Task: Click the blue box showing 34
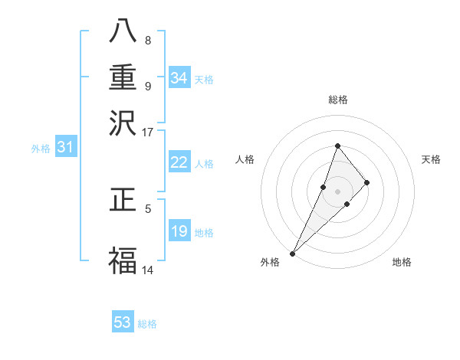tap(179, 78)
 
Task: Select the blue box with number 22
tap(179, 162)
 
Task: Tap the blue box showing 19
tap(179, 231)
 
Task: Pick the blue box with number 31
tap(65, 147)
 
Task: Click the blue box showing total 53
tap(123, 322)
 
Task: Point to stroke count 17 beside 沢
tap(148, 132)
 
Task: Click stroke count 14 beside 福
tap(148, 270)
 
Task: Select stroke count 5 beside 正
tap(148, 208)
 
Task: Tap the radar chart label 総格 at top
tap(337, 100)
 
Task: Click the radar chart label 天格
tap(431, 159)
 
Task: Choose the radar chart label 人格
tap(245, 159)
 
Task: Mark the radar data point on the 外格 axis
tap(293, 253)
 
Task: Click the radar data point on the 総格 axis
tap(337, 146)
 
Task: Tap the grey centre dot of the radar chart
tap(337, 191)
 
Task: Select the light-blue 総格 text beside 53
tap(147, 324)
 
